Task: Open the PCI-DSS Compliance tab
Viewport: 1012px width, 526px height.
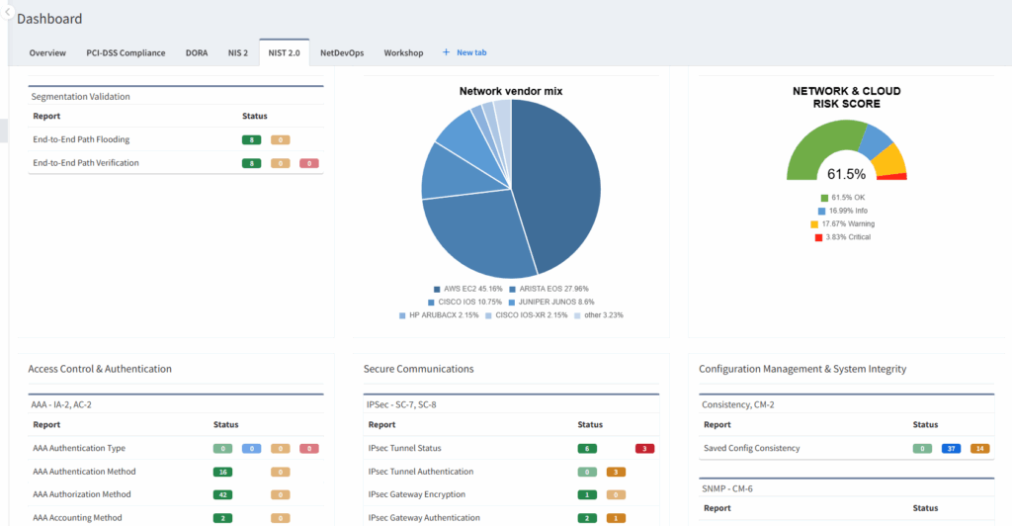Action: (126, 52)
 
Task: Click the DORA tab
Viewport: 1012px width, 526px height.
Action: (197, 52)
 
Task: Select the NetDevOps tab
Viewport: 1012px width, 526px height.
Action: (342, 52)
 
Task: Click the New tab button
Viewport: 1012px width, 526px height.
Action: (464, 52)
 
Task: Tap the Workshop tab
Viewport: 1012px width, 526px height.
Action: (403, 52)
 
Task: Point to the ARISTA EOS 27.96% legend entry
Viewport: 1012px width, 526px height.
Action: (548, 289)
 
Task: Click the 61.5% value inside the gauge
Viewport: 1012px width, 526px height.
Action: (846, 174)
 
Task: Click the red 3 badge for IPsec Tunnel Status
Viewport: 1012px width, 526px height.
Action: (645, 449)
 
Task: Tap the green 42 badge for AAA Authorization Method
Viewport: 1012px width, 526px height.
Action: (222, 494)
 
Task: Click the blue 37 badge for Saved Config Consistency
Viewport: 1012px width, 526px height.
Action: (951, 449)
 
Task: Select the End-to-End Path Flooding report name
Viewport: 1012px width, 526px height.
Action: (81, 139)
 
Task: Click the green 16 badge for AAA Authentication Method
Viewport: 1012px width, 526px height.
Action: (222, 472)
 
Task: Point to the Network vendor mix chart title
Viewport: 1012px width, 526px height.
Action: (511, 91)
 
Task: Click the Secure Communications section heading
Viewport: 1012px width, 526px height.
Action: (418, 369)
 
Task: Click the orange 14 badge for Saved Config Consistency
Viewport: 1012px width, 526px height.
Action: (979, 449)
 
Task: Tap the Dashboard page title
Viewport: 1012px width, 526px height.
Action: (49, 19)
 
